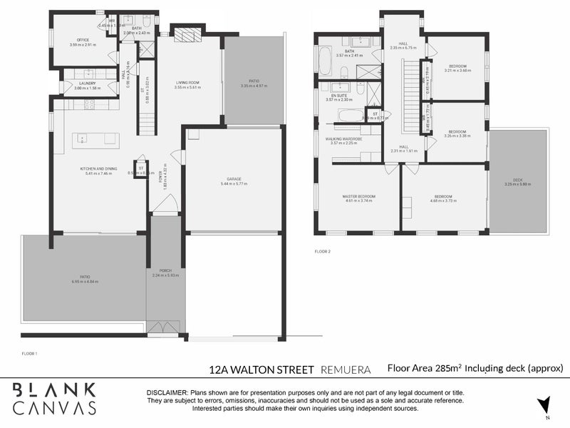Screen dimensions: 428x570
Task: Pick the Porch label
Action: coord(165,270)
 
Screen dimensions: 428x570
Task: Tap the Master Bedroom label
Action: coord(359,196)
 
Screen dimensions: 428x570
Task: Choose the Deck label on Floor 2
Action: coord(517,179)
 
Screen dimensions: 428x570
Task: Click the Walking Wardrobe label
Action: coord(344,138)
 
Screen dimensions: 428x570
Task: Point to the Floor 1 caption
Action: coord(29,353)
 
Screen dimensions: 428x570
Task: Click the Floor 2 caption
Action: coord(323,251)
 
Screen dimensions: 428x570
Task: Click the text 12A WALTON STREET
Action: coord(261,370)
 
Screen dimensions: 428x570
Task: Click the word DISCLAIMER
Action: coord(166,393)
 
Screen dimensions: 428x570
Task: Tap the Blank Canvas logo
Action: coord(55,399)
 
